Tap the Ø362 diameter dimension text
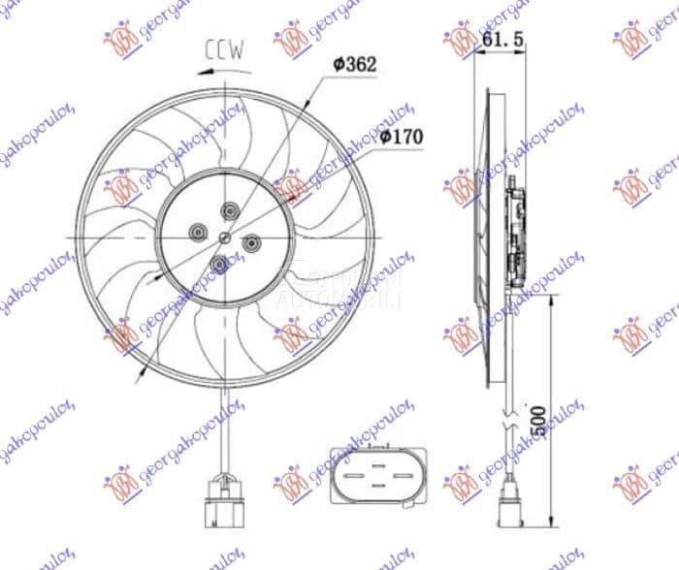(354, 65)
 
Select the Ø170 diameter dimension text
(401, 137)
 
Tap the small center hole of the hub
(224, 237)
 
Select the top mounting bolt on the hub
(229, 210)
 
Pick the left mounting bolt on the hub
(197, 231)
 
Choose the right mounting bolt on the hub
(251, 241)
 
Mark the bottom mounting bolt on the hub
(219, 262)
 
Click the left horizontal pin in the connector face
(353, 477)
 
